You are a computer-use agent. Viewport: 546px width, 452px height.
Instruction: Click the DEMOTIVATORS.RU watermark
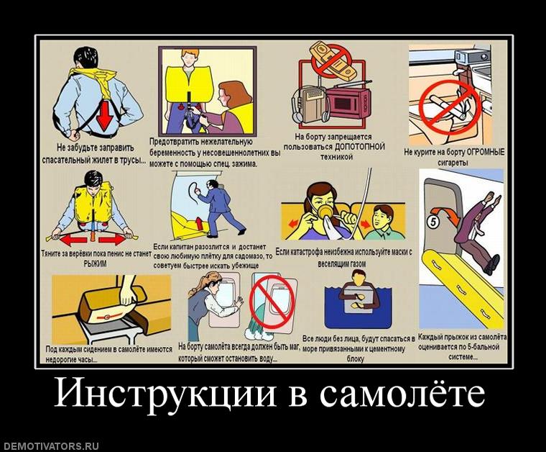point(50,446)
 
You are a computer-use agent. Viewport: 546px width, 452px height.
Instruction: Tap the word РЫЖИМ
point(96,264)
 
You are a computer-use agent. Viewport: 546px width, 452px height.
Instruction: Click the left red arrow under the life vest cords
point(74,240)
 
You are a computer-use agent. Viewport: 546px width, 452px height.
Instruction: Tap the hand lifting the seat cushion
point(128,293)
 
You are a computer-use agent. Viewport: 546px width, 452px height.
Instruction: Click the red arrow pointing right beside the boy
point(366,223)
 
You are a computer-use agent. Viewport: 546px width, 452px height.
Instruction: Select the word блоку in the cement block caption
point(356,359)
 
